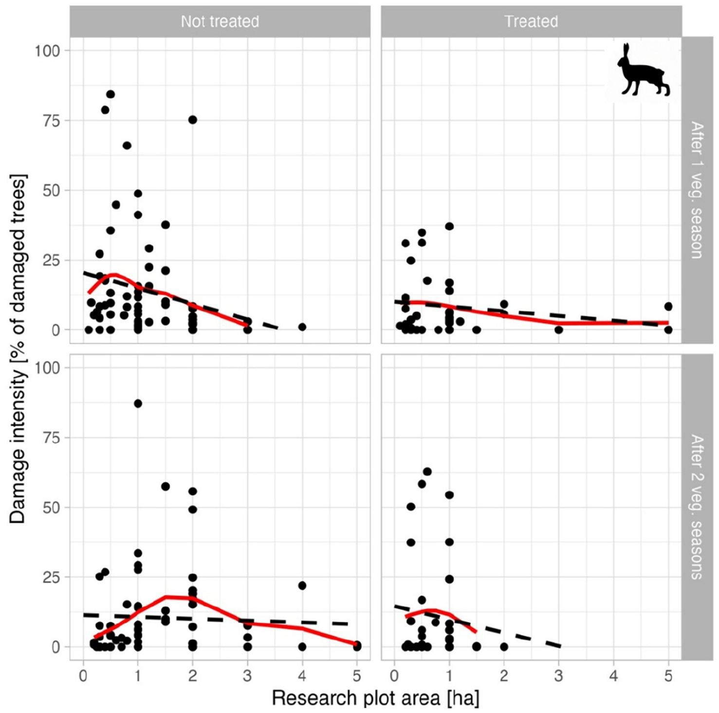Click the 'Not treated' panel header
tap(220, 21)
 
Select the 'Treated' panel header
tap(531, 21)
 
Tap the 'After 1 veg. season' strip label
tap(697, 190)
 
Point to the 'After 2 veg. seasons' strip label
tap(697, 507)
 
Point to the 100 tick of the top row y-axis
tap(47, 51)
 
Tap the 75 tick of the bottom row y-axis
tap(51, 438)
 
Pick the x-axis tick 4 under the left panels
tap(302, 676)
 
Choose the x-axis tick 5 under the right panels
tap(668, 676)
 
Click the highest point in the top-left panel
tap(111, 94)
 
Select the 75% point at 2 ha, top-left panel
tap(192, 120)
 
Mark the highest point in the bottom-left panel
tap(138, 403)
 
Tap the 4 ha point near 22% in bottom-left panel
tap(302, 585)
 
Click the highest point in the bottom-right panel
tap(427, 471)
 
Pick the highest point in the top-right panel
tap(449, 226)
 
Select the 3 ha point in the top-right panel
tap(558, 330)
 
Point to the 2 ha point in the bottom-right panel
tap(504, 647)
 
